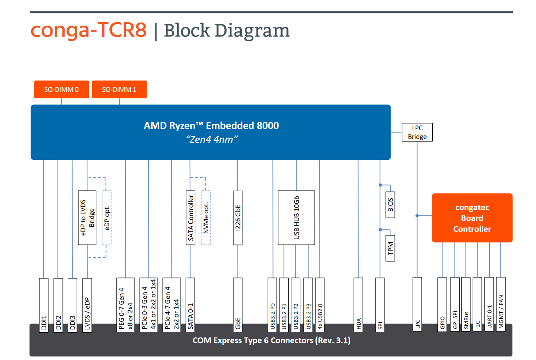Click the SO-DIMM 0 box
(x=62, y=89)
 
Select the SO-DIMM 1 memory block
(x=119, y=89)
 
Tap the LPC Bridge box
(x=417, y=132)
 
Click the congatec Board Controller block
(x=472, y=218)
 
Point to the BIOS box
(x=390, y=205)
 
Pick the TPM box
(x=390, y=248)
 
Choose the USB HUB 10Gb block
(x=296, y=218)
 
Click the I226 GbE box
(x=237, y=218)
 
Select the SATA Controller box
(x=191, y=218)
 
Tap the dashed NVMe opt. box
(x=206, y=218)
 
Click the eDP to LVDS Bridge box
(x=87, y=218)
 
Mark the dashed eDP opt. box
(x=107, y=218)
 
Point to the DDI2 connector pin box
(x=58, y=305)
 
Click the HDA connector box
(x=358, y=305)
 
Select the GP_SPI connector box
(x=455, y=304)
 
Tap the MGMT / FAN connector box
(x=501, y=304)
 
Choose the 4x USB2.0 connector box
(x=320, y=305)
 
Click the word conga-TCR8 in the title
(x=89, y=30)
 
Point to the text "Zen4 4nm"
(x=212, y=139)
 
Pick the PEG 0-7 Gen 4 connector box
(x=125, y=305)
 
